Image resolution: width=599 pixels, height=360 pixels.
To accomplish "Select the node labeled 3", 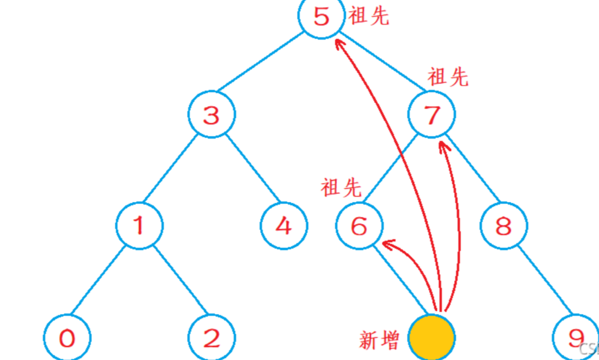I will pyautogui.click(x=212, y=115).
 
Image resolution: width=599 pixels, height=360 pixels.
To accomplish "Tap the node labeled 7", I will pyautogui.click(x=432, y=115).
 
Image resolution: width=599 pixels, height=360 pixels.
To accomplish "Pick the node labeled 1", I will pyautogui.click(x=139, y=226).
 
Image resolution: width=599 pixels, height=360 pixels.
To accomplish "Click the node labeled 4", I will pyautogui.click(x=284, y=226).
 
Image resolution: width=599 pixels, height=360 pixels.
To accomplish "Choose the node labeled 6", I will pyautogui.click(x=359, y=226).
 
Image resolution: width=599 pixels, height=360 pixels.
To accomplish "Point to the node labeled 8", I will pyautogui.click(x=504, y=226).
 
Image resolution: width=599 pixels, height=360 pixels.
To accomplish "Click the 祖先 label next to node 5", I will pyautogui.click(x=369, y=16).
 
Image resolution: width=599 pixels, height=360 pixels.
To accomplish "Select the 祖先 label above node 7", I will pyautogui.click(x=448, y=78).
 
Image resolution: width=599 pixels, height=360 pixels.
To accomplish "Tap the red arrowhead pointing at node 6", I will pyautogui.click(x=387, y=244).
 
